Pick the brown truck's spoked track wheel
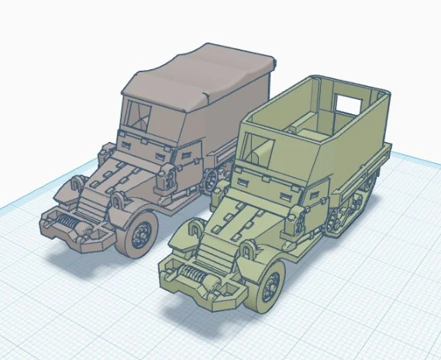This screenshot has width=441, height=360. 209,180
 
